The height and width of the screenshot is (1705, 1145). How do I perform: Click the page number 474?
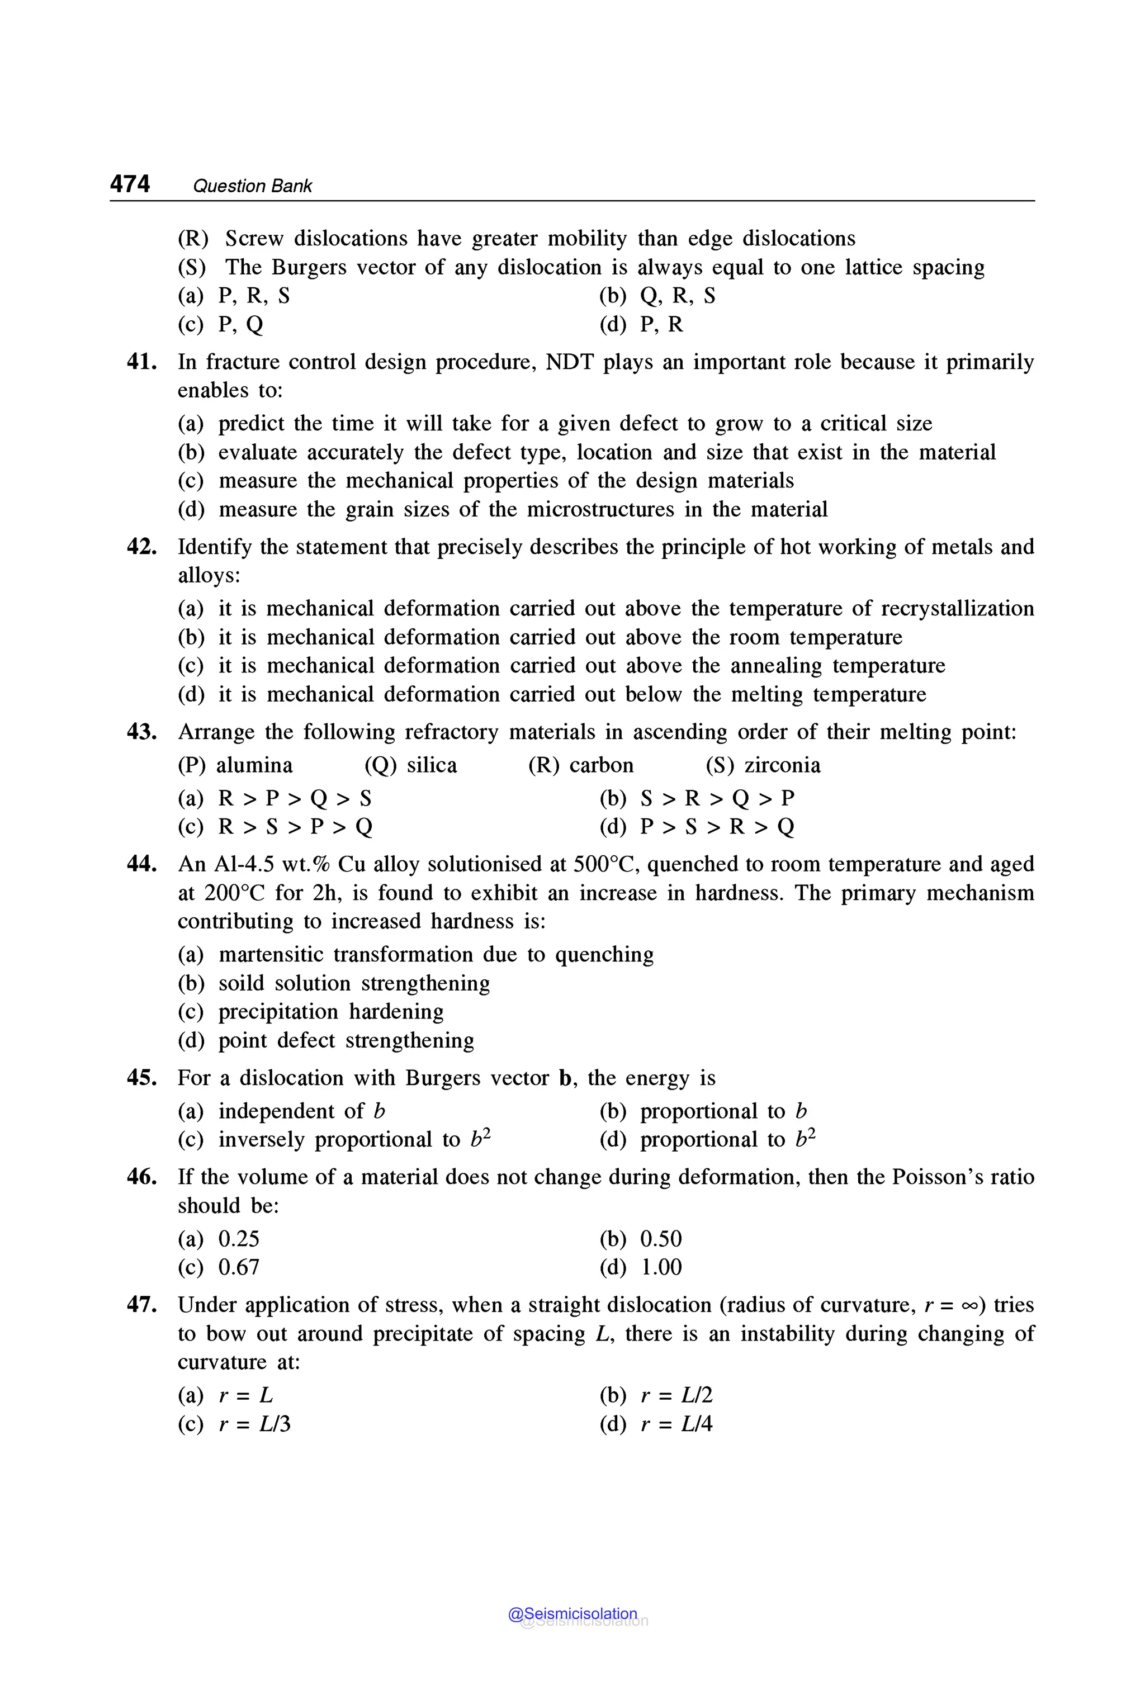point(130,183)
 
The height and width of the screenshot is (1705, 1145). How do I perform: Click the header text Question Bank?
point(252,186)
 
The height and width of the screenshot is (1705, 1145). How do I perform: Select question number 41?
point(141,362)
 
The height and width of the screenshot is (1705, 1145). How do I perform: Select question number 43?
point(141,732)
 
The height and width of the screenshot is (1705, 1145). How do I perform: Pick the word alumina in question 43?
point(254,765)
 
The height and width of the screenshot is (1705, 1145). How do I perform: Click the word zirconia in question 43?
point(782,765)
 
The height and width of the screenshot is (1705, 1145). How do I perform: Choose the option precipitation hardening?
point(331,1011)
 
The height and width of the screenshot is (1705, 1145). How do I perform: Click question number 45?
point(141,1078)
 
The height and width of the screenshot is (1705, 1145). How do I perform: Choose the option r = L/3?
point(254,1424)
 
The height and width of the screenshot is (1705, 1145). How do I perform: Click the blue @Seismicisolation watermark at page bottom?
point(572,1614)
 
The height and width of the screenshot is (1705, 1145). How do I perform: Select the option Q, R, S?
point(678,296)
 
